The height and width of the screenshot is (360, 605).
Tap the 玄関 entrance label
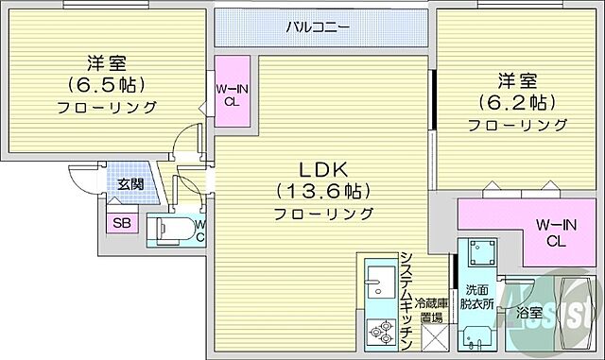[130, 184]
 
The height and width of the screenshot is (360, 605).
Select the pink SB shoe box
[122, 223]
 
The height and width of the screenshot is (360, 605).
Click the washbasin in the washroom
[478, 335]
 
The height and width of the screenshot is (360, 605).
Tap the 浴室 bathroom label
[528, 311]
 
